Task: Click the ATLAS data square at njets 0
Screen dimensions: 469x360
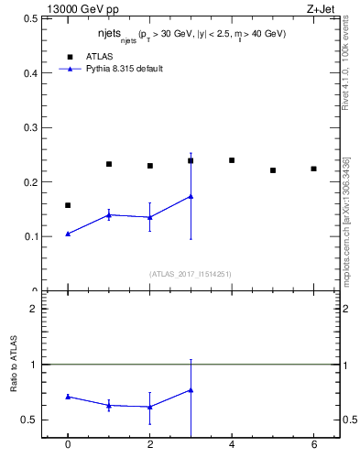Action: click(x=68, y=205)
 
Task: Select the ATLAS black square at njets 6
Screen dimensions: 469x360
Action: click(x=313, y=169)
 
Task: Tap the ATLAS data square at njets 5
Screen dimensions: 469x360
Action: click(x=273, y=170)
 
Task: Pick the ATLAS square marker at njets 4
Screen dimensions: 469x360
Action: click(x=232, y=160)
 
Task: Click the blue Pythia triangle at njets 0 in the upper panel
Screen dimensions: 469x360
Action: click(x=68, y=234)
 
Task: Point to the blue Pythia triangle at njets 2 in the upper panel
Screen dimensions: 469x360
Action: click(x=149, y=217)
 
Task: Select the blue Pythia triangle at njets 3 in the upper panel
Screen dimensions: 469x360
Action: click(x=191, y=196)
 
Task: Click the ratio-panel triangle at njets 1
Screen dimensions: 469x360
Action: click(x=109, y=405)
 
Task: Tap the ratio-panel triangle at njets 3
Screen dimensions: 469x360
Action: click(x=191, y=390)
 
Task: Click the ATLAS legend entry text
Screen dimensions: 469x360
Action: click(x=100, y=56)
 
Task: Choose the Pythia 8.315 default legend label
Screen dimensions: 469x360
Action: click(x=125, y=69)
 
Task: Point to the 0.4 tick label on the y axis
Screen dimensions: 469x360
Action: click(x=30, y=72)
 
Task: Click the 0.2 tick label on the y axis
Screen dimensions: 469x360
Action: click(x=30, y=182)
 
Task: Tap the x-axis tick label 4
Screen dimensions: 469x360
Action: click(x=232, y=444)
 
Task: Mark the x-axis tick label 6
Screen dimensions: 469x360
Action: click(x=313, y=444)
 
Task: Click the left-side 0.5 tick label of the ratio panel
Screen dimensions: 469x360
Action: click(x=30, y=420)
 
